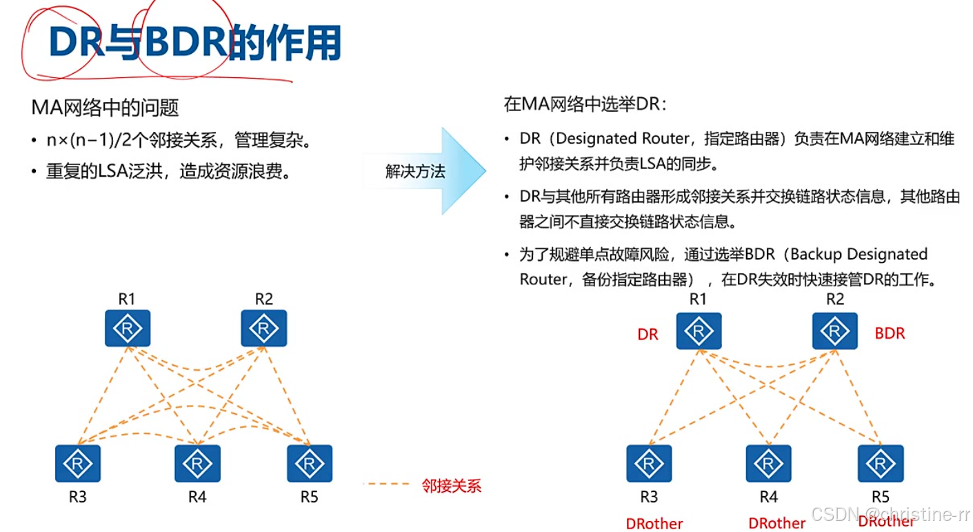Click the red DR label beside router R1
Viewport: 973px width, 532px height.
click(x=648, y=335)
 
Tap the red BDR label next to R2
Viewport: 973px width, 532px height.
click(x=890, y=334)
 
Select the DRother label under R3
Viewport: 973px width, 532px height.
click(x=654, y=524)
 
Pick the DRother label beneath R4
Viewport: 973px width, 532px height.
click(x=776, y=524)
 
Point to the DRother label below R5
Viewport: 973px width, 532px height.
click(x=886, y=522)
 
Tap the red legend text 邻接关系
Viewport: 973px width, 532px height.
click(x=451, y=486)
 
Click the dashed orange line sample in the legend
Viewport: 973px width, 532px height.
click(x=385, y=484)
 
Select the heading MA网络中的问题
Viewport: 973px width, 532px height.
click(x=105, y=107)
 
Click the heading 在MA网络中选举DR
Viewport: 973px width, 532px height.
click(x=585, y=105)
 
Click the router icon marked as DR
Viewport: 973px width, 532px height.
click(x=699, y=331)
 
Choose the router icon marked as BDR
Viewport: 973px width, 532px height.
click(x=834, y=331)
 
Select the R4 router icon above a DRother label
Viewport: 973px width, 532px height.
click(x=768, y=464)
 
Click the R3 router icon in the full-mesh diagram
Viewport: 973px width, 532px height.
click(x=78, y=464)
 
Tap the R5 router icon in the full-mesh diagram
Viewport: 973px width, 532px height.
click(x=310, y=464)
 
